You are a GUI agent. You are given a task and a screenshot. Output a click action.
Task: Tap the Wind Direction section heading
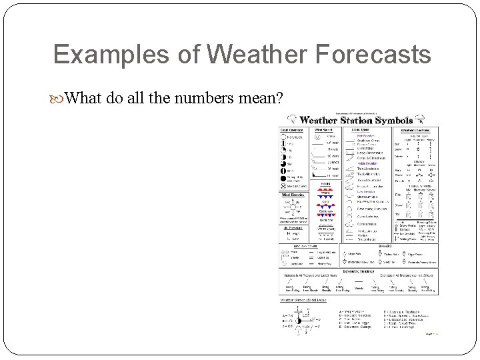294,195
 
